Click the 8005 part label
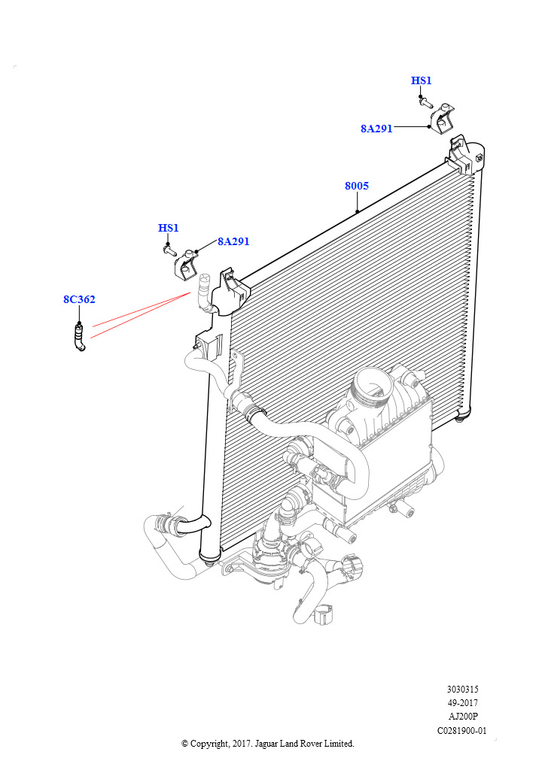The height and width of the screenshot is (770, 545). click(356, 186)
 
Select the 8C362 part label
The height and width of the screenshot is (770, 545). click(79, 300)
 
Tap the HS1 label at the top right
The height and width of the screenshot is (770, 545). click(422, 81)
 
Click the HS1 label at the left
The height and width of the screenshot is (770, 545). click(169, 229)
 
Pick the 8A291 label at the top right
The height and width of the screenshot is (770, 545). click(376, 129)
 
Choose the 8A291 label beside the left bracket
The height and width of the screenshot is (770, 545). click(233, 242)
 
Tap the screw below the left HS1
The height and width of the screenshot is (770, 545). click(169, 249)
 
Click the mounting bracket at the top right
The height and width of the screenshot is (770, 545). click(444, 117)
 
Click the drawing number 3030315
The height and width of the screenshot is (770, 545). click(462, 690)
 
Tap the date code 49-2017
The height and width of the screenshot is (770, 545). click(462, 703)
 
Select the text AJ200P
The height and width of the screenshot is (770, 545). click(462, 717)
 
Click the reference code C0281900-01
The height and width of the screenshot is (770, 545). click(462, 730)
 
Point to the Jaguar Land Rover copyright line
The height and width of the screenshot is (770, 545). click(268, 744)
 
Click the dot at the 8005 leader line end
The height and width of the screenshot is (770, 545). click(358, 211)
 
